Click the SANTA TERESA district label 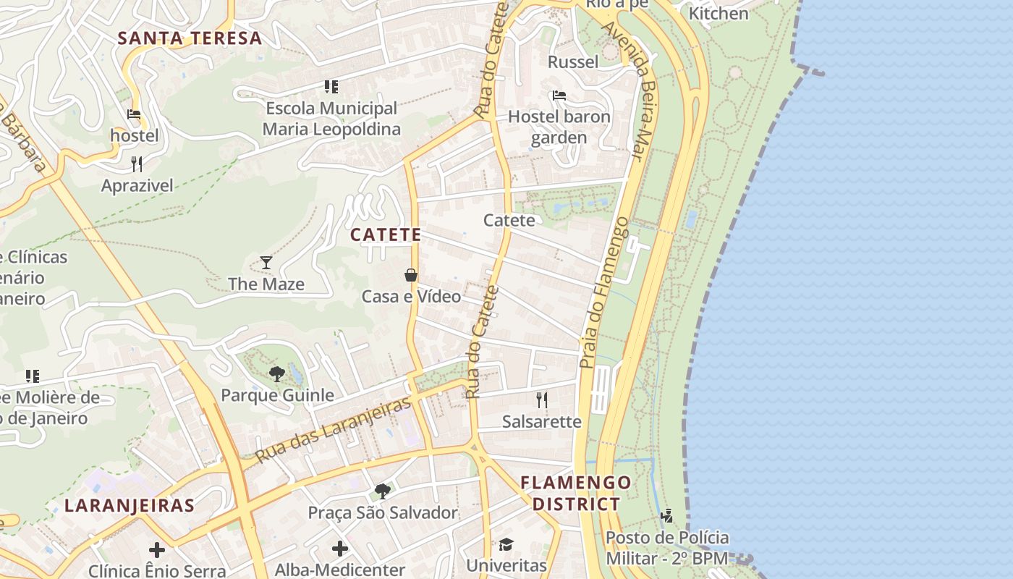coord(190,38)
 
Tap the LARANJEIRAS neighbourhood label coord(130,505)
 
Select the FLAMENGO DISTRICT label coord(576,493)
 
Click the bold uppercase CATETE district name coord(386,234)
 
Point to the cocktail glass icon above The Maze coord(266,262)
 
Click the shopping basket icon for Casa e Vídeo coord(411,275)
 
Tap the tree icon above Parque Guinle coord(276,373)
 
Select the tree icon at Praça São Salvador coord(383,491)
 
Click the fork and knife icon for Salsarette coord(541,400)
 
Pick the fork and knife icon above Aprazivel coord(137,164)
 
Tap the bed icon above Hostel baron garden coord(559,95)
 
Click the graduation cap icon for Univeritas coord(506,544)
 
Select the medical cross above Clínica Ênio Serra coord(157,549)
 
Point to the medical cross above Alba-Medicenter coord(339,549)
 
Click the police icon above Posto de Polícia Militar coord(666,516)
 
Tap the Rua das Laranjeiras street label coord(334,429)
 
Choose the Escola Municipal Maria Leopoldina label coord(331,119)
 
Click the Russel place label coord(573,62)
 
